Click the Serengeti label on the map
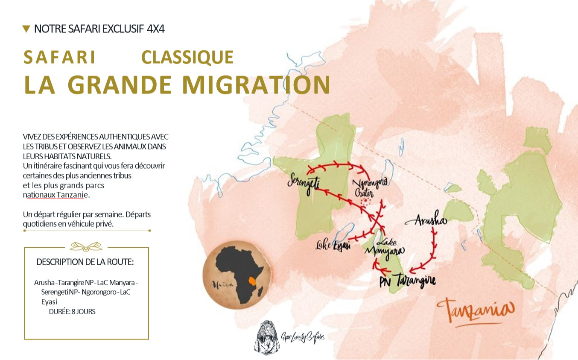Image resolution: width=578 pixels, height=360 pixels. [x=304, y=183]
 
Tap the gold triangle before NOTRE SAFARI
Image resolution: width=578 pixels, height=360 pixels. [x=26, y=29]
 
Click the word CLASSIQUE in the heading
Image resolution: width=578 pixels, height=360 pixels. [x=187, y=58]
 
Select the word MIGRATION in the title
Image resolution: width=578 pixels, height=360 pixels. [x=256, y=85]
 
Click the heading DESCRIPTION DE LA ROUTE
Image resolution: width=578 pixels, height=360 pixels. [x=85, y=262]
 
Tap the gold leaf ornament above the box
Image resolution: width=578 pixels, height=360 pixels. [x=86, y=246]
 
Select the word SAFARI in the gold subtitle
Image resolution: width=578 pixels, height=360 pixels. [x=60, y=58]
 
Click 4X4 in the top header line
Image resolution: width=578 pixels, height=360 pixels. [x=155, y=29]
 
